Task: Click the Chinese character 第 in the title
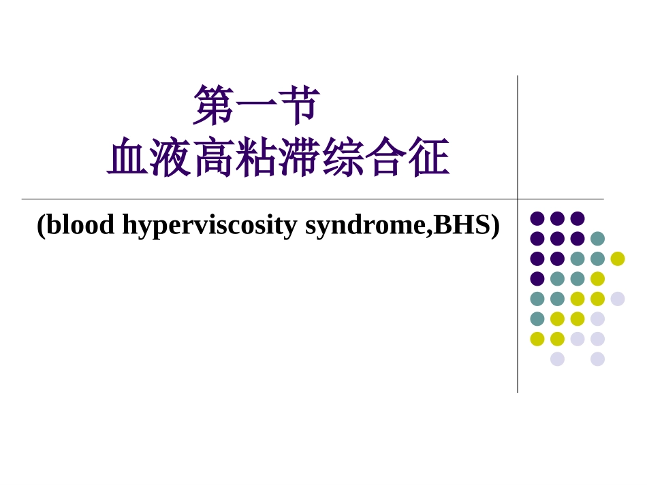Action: [x=214, y=105]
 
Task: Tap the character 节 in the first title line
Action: [x=299, y=105]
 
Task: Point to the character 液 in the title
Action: [x=171, y=158]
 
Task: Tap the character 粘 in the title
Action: [x=257, y=158]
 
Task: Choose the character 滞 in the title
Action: [x=300, y=158]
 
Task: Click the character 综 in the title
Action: [x=343, y=158]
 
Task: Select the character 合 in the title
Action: [x=385, y=158]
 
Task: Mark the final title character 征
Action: [x=428, y=158]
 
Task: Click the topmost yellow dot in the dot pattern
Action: [x=618, y=258]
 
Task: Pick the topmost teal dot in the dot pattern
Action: [x=597, y=239]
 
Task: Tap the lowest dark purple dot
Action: [x=537, y=279]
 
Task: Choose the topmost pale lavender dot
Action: [x=618, y=299]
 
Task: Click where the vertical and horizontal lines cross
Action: [x=518, y=199]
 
